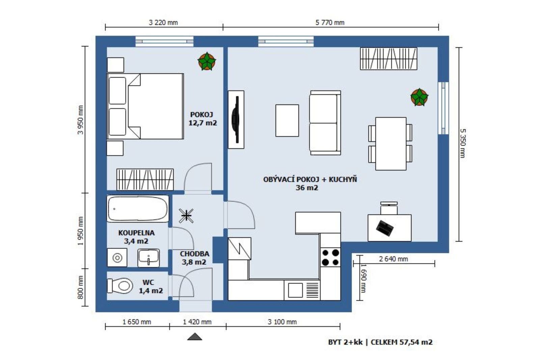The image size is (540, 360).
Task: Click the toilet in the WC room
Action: (x=120, y=286)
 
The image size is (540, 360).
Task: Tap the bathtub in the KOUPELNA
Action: (x=138, y=209)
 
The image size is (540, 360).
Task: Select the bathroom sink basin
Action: (x=148, y=258)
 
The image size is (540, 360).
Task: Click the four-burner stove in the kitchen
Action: (x=330, y=257)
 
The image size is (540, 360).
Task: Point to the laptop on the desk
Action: (x=385, y=228)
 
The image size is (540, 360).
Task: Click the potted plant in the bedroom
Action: (x=207, y=61)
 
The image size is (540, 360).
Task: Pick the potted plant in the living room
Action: (x=420, y=97)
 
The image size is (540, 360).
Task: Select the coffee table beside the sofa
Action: (x=287, y=121)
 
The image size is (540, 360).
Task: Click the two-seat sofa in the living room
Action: (x=325, y=123)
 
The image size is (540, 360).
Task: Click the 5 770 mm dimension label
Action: (x=330, y=22)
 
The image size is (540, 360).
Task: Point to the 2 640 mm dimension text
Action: (x=394, y=259)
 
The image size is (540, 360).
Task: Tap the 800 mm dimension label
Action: (x=81, y=287)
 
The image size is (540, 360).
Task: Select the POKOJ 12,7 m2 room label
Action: (x=202, y=119)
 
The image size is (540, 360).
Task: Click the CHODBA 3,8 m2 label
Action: (x=194, y=258)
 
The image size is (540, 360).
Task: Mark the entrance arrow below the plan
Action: (x=194, y=337)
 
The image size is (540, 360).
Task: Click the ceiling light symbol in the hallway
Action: (x=186, y=216)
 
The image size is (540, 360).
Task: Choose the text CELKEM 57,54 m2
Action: (x=402, y=342)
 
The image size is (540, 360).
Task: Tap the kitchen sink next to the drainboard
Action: (x=295, y=290)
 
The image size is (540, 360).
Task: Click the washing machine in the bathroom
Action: (x=117, y=258)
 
